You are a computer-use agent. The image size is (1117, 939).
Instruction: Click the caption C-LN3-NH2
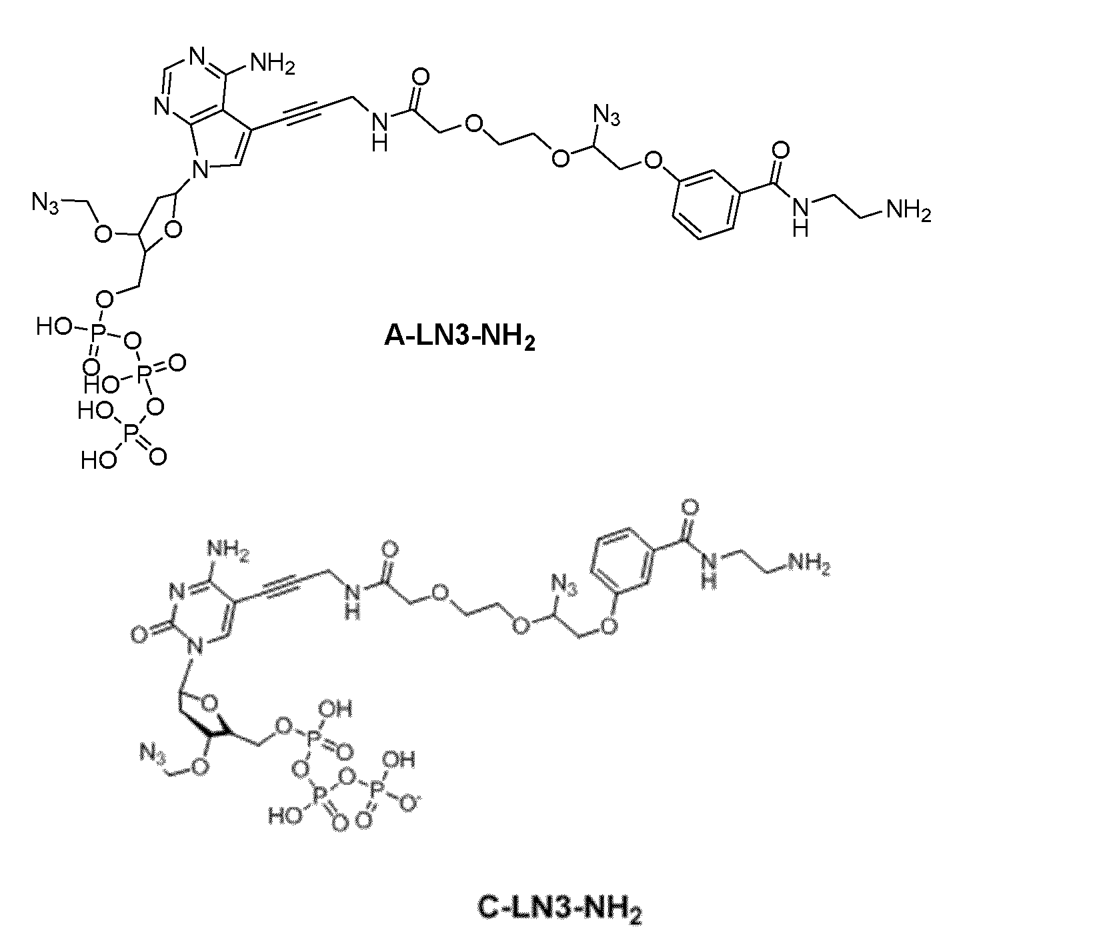(x=560, y=908)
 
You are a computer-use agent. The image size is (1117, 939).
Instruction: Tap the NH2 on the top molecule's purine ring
(x=271, y=65)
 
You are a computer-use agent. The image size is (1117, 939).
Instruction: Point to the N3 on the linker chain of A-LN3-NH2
(x=606, y=116)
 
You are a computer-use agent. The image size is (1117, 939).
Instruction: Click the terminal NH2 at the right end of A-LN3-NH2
(x=907, y=211)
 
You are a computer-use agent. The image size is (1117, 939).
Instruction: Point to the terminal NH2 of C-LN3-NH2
(x=808, y=564)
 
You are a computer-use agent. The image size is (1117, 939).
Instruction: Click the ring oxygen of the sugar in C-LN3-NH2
(x=210, y=700)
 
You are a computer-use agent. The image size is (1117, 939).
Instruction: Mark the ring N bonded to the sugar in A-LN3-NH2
(x=198, y=173)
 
